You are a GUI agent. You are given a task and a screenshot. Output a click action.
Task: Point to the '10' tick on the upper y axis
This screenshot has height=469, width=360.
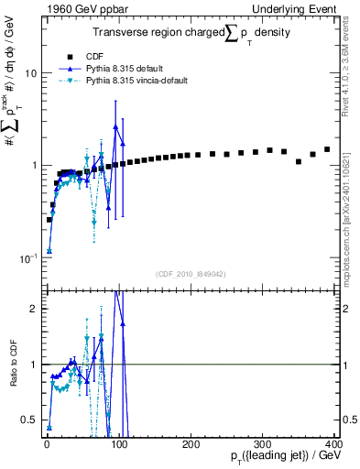coord(30,72)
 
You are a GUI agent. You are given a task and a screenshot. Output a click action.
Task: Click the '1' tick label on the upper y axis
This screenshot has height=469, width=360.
coord(33,165)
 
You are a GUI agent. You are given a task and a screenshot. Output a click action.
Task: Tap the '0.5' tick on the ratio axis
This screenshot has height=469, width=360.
coord(28,420)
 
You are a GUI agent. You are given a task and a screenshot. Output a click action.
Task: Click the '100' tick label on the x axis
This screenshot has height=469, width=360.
coord(118,443)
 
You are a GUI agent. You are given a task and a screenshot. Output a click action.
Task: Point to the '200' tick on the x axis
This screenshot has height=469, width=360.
coord(191,443)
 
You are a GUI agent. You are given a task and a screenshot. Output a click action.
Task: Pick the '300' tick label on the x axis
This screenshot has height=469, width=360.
coord(264,443)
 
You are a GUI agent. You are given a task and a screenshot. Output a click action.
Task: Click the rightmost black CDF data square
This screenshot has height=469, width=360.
coord(327,149)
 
